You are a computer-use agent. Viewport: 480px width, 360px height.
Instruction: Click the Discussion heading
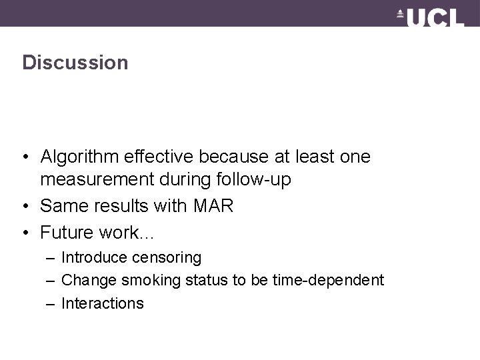point(75,63)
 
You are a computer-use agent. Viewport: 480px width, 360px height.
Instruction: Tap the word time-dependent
point(328,280)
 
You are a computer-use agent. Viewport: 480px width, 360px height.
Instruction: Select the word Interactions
point(102,303)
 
